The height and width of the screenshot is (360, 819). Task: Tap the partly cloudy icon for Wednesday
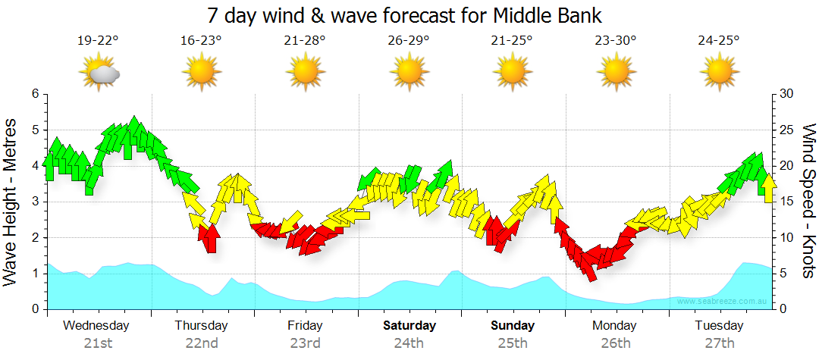[99, 73]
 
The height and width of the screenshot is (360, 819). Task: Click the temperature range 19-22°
[98, 40]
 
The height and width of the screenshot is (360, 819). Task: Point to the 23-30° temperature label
[615, 40]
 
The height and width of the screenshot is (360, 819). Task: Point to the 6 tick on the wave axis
[34, 94]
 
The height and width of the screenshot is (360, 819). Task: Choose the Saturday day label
[409, 326]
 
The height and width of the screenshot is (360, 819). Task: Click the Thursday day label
[201, 326]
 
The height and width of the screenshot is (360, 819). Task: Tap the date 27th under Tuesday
[719, 343]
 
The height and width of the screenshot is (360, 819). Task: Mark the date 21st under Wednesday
[98, 343]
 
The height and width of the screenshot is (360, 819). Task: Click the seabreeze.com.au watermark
[723, 301]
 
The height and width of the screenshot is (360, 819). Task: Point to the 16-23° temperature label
[201, 40]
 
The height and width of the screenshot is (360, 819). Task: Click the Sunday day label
[512, 326]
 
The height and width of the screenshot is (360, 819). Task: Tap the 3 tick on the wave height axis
[34, 202]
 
